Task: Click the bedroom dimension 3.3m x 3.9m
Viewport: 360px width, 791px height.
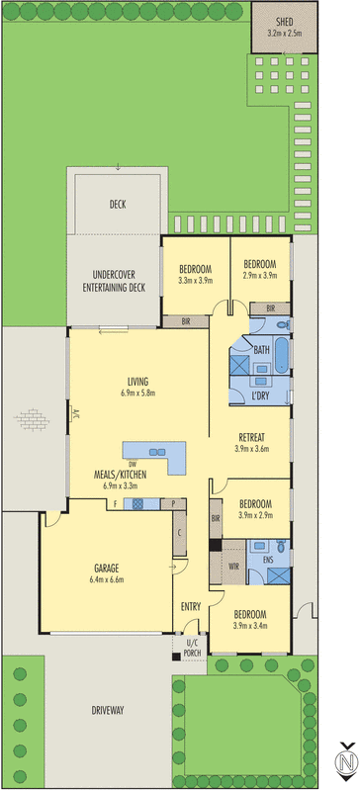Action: [195, 281]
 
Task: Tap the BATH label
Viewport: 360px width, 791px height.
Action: [261, 350]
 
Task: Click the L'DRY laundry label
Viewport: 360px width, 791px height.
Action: [261, 397]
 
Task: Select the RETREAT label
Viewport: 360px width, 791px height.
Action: [255, 437]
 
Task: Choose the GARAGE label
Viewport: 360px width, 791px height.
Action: [107, 569]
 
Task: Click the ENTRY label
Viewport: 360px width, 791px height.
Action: [191, 605]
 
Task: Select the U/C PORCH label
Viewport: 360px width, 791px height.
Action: [193, 649]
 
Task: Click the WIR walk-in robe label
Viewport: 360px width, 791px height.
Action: [233, 567]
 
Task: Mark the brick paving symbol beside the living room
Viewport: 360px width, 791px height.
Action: [31, 420]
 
